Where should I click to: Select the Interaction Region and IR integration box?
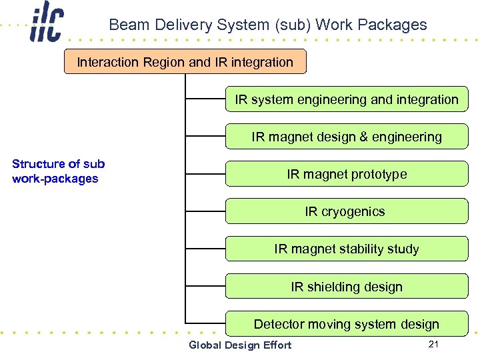point(185,62)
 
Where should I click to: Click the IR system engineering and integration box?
point(346,99)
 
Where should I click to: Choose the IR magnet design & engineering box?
point(346,137)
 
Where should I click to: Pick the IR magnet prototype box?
point(346,174)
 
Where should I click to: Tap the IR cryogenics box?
point(346,211)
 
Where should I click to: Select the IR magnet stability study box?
point(346,249)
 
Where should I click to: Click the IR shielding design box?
point(346,287)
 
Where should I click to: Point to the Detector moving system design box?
point(346,324)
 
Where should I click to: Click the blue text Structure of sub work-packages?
point(58,171)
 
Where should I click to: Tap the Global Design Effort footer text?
point(240,345)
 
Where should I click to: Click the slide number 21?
point(433,344)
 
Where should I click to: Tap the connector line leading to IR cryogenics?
point(205,211)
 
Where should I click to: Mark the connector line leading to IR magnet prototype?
point(205,174)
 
